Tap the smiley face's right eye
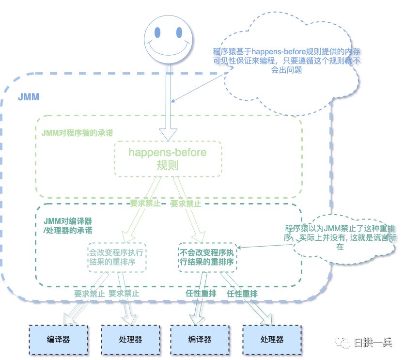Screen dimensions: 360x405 pos(179,33)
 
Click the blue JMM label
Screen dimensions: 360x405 pos(29,97)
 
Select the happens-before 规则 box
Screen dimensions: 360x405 pos(168,158)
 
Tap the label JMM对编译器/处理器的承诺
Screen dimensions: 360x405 pos(67,225)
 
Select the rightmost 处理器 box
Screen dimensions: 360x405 pos(271,339)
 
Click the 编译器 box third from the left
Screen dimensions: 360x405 pos(201,339)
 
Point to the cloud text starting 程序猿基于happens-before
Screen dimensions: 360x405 pos(287,60)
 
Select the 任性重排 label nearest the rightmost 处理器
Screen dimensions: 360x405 pos(242,294)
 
